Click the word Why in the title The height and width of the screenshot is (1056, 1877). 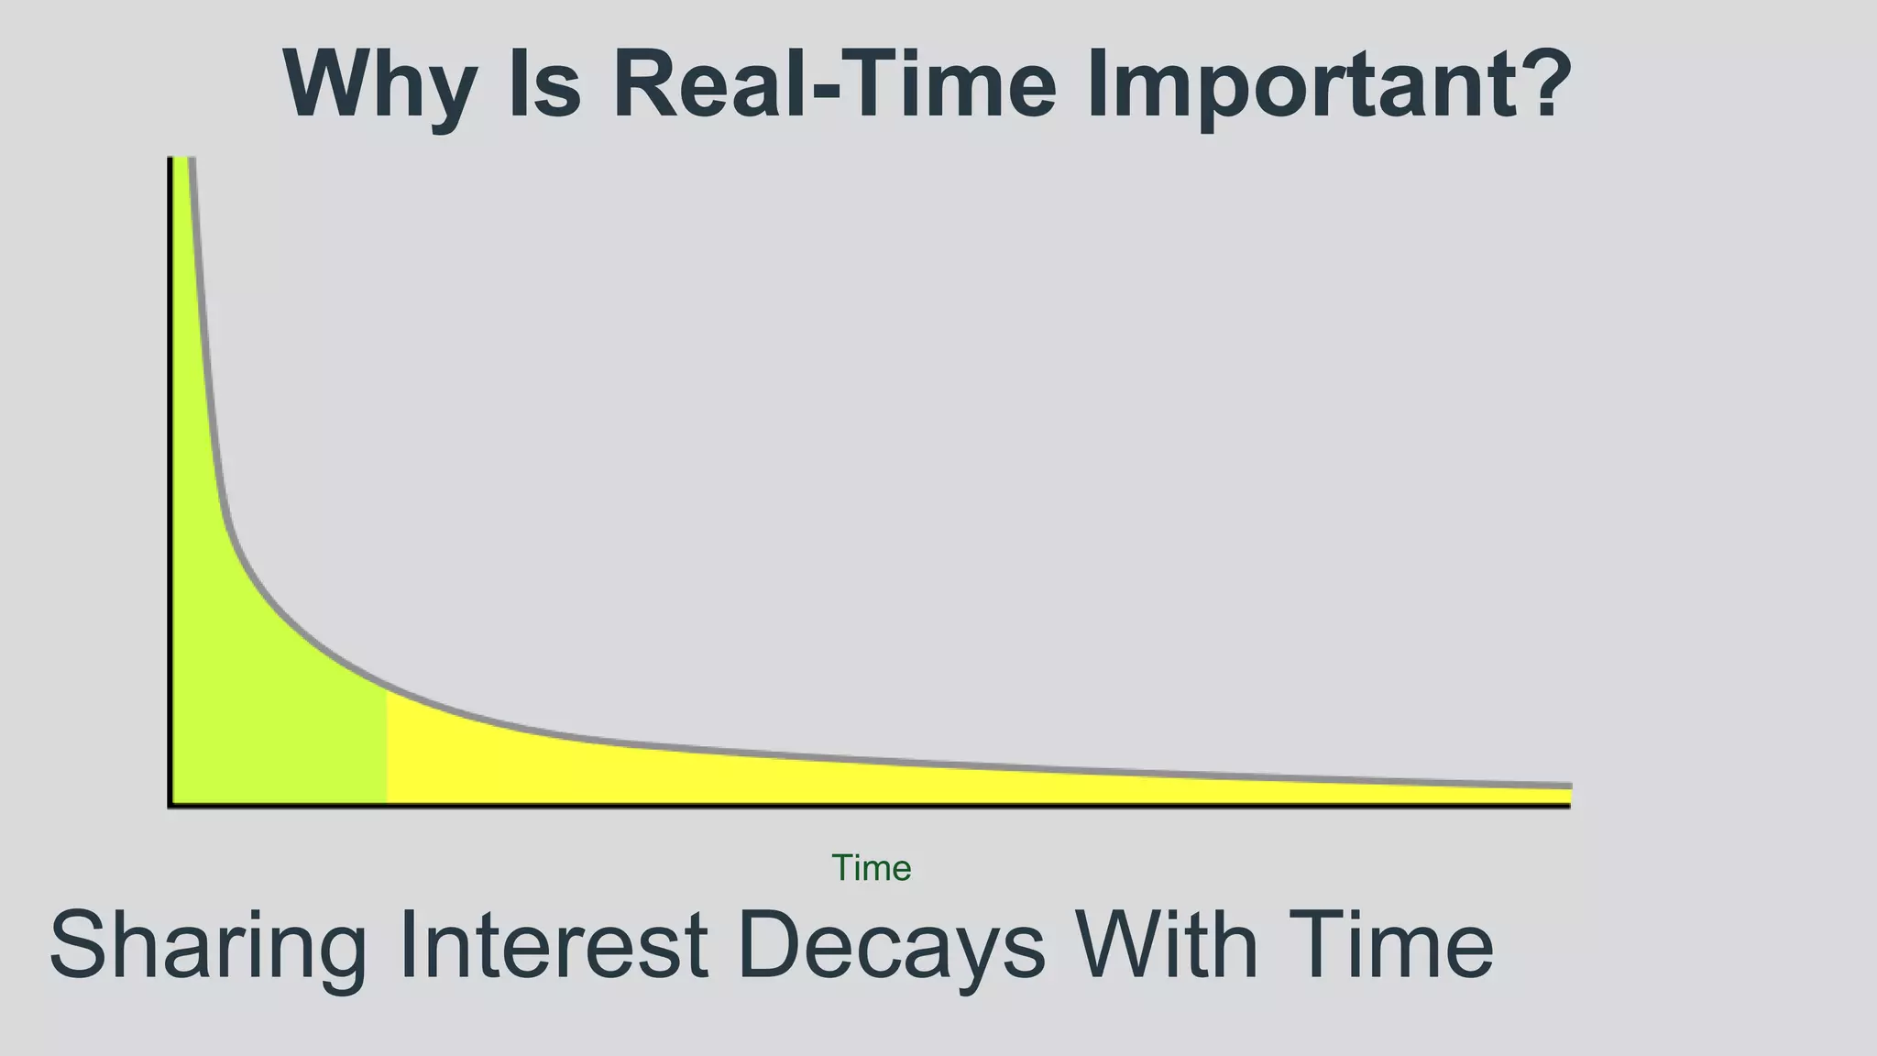[x=379, y=84]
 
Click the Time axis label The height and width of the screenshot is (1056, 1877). [x=871, y=868]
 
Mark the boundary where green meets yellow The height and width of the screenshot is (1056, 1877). [x=387, y=747]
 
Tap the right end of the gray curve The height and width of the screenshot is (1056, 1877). [x=1569, y=786]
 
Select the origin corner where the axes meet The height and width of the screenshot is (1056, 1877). [x=170, y=806]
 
